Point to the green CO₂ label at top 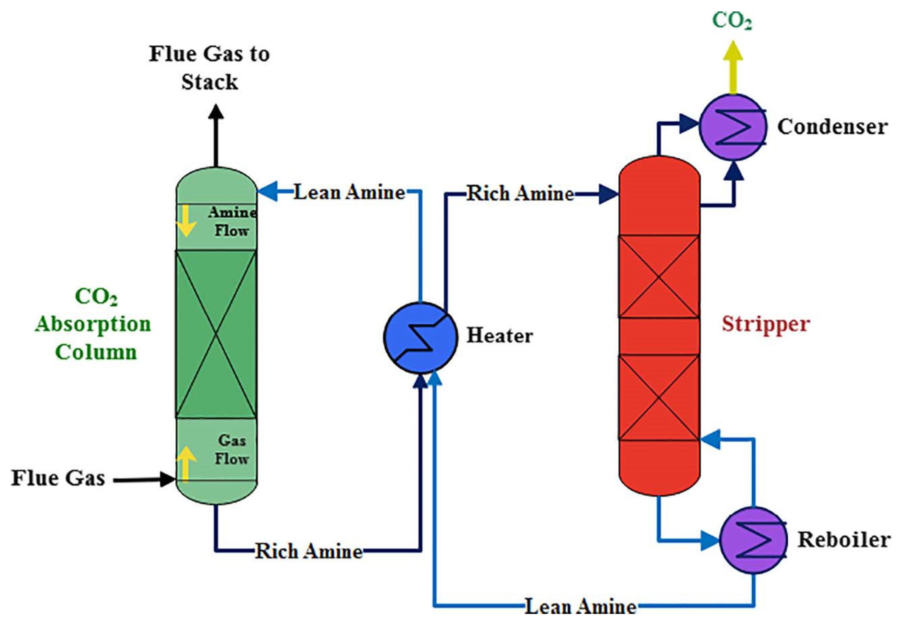(x=731, y=20)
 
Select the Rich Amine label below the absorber (x=309, y=551)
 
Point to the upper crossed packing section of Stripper (x=659, y=277)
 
